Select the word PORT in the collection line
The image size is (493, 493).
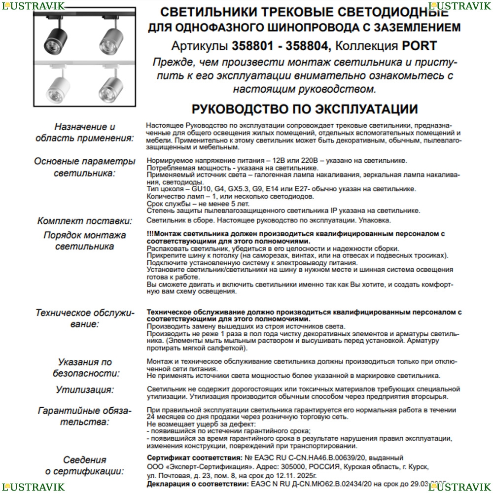click(420, 46)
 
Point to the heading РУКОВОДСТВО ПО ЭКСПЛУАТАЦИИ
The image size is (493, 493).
click(304, 109)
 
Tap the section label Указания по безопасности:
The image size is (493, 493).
click(85, 368)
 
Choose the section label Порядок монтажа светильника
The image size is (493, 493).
click(85, 240)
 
